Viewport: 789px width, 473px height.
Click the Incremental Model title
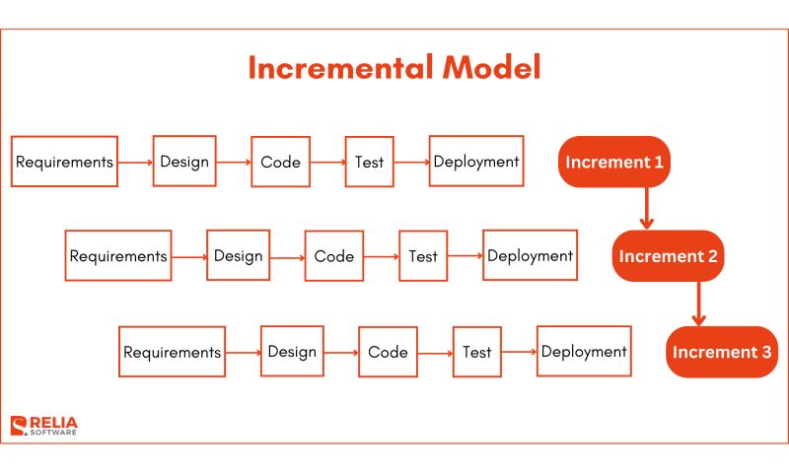(394, 68)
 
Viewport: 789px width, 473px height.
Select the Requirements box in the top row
(64, 162)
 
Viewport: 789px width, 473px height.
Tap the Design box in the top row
(184, 162)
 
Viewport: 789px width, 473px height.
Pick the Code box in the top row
(281, 162)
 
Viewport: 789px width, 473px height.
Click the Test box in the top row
(370, 162)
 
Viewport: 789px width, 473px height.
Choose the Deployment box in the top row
(476, 162)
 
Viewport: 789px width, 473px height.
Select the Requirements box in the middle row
(118, 256)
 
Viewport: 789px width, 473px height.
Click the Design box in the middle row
(238, 256)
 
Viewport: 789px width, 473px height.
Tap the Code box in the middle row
(334, 256)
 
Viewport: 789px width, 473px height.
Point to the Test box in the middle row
(423, 256)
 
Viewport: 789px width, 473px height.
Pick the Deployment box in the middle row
(530, 256)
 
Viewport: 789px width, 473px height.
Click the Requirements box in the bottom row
(172, 352)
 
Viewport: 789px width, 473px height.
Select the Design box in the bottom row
(292, 352)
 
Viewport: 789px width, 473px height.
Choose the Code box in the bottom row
(389, 352)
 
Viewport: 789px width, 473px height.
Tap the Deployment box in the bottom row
(584, 352)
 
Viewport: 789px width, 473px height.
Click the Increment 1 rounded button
(614, 162)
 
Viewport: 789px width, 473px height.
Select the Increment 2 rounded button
(668, 256)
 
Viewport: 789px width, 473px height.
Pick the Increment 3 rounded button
(722, 352)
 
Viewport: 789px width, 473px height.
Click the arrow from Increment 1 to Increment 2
(646, 208)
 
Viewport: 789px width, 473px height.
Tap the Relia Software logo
(44, 426)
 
